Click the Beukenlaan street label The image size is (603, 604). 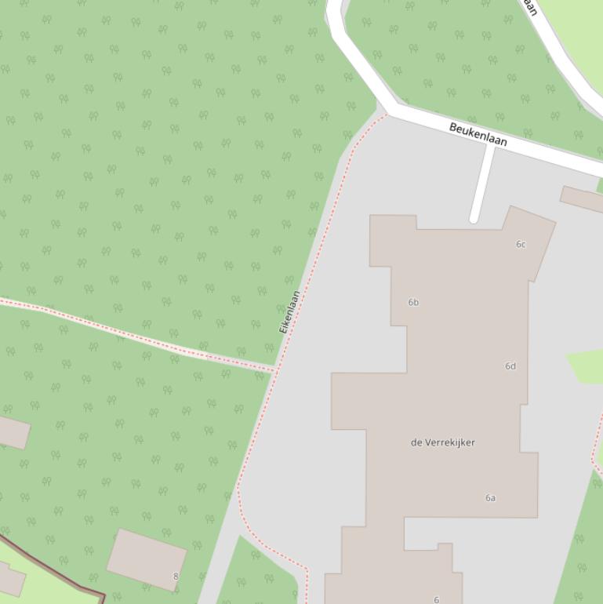pyautogui.click(x=478, y=134)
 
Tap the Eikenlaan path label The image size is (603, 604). pyautogui.click(x=289, y=312)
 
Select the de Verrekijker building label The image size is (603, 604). pyautogui.click(x=442, y=442)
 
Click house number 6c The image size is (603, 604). pyautogui.click(x=521, y=245)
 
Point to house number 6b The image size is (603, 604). pyautogui.click(x=413, y=302)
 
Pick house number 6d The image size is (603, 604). pyautogui.click(x=510, y=366)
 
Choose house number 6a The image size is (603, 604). pyautogui.click(x=490, y=498)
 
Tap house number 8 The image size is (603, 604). pyautogui.click(x=176, y=577)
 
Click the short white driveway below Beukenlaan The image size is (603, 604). pyautogui.click(x=482, y=183)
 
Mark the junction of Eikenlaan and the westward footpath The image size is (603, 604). pyautogui.click(x=274, y=368)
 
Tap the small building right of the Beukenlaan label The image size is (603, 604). pyautogui.click(x=582, y=198)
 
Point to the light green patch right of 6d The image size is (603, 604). pyautogui.click(x=587, y=366)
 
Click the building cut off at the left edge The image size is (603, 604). pyautogui.click(x=12, y=432)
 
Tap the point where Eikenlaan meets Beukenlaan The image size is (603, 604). pyautogui.click(x=387, y=115)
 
